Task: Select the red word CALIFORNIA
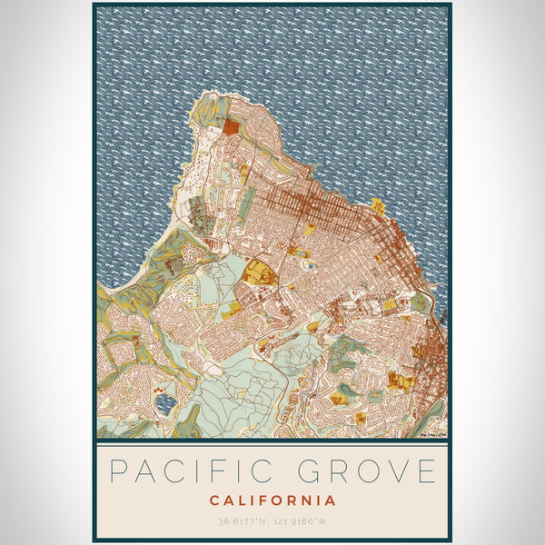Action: (x=272, y=500)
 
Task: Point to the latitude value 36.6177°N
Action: (x=243, y=521)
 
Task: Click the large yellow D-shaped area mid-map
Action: (x=260, y=272)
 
